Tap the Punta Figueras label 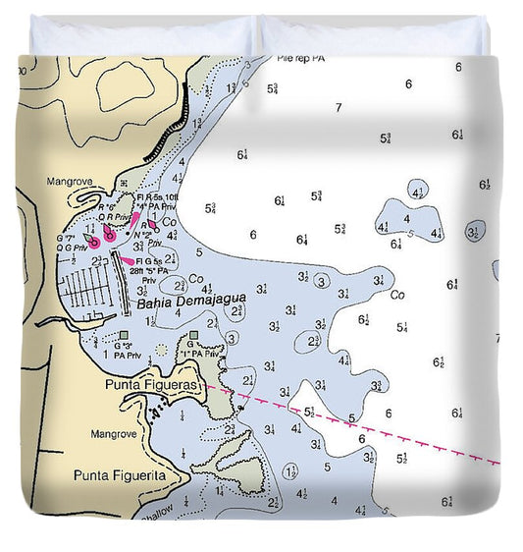click(151, 385)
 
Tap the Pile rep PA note click(300, 59)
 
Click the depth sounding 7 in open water click(339, 108)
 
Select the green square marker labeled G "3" click(123, 335)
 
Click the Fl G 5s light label click(153, 261)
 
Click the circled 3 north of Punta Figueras click(231, 338)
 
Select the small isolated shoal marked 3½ click(474, 233)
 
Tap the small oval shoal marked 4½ click(419, 193)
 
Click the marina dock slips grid click(92, 289)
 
